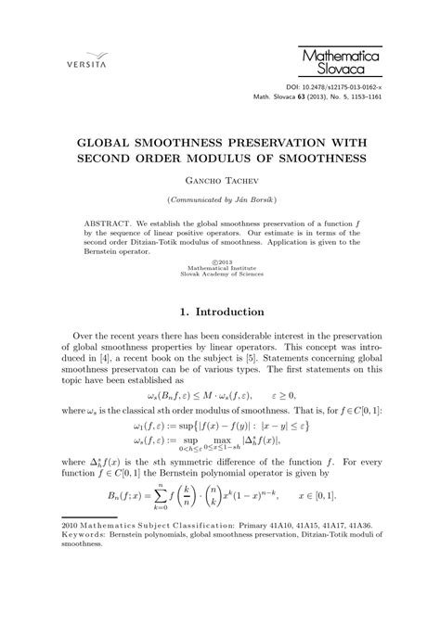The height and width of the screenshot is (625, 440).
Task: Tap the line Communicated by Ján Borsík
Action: pyautogui.click(x=220, y=201)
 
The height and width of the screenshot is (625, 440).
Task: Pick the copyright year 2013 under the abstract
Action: pyautogui.click(x=220, y=262)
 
